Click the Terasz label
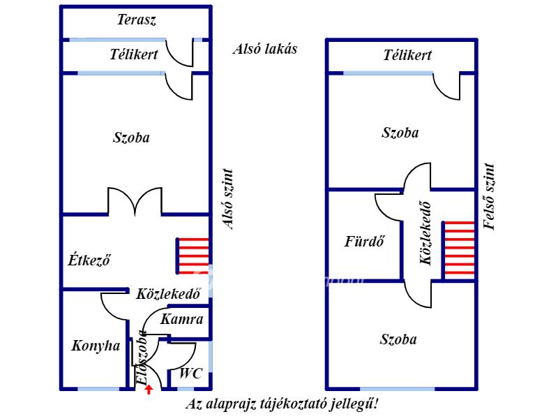137,20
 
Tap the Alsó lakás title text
265,49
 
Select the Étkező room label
89,260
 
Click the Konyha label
96,346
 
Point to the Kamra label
182,319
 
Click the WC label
190,373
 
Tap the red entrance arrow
149,390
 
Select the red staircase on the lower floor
193,256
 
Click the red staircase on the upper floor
458,250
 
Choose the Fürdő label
364,241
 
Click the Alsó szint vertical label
228,199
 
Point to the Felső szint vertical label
490,196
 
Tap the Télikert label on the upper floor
407,55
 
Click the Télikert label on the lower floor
134,54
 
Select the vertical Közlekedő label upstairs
425,233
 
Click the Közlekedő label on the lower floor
168,294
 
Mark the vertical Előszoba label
142,358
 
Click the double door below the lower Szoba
135,202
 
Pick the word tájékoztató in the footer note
294,404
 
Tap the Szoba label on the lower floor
131,138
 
